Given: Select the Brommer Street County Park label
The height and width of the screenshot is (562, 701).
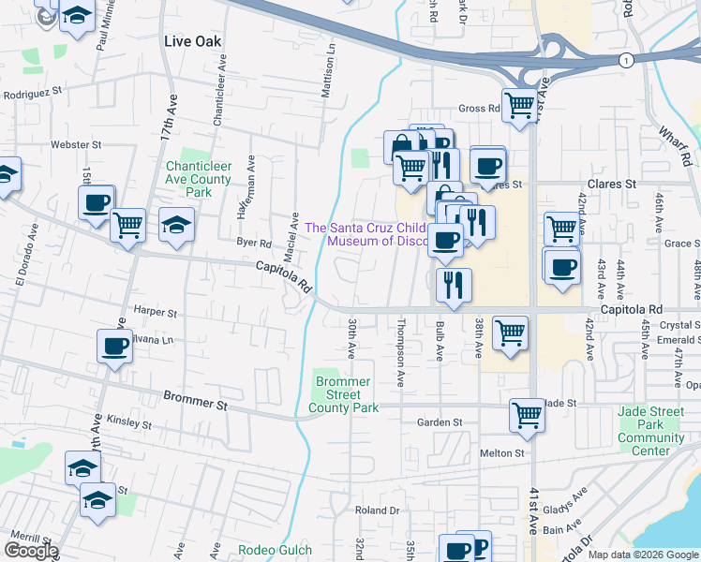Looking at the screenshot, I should (x=343, y=394).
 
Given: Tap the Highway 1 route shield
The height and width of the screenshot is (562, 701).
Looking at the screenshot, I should (x=625, y=60).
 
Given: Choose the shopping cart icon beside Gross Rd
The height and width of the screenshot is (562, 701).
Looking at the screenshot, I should (x=519, y=104).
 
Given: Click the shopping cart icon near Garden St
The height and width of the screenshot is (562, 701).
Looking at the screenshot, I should (x=527, y=414).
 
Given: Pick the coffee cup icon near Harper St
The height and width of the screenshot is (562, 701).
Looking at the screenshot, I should (x=114, y=347).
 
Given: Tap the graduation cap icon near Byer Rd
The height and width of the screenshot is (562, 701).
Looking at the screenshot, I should (x=175, y=225).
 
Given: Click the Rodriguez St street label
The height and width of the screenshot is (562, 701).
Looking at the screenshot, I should (x=31, y=93).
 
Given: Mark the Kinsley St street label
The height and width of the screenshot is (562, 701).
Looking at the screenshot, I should (x=128, y=423).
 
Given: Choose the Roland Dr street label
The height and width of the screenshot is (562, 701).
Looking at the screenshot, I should (x=377, y=510).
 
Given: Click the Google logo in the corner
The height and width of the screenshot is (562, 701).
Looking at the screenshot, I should (x=31, y=551).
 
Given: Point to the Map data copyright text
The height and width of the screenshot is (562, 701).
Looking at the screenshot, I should (x=642, y=555).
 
